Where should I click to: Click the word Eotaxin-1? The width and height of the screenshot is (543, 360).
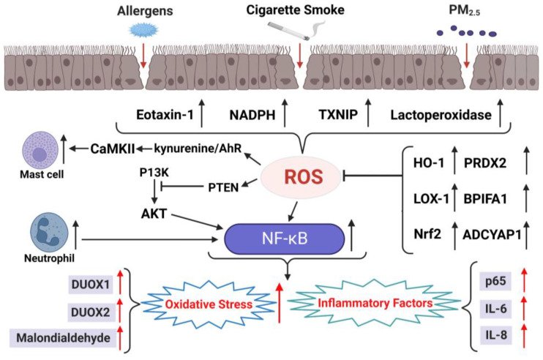[x=167, y=115]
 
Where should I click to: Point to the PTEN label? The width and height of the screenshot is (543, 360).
[x=225, y=188]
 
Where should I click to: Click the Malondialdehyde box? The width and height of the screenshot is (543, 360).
[x=63, y=339]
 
